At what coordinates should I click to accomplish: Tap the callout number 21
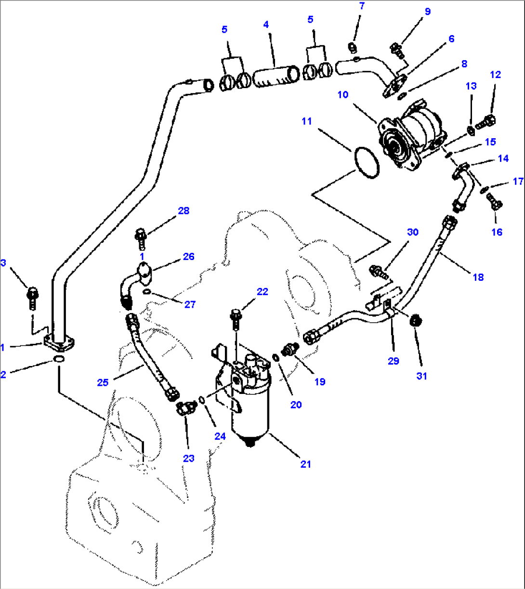click(x=305, y=464)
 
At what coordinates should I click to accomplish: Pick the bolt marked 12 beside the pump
click(x=486, y=122)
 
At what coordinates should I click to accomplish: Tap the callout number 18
click(x=478, y=277)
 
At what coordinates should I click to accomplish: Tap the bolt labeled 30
click(x=379, y=272)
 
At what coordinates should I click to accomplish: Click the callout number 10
click(x=342, y=94)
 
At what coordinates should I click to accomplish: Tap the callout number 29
click(x=394, y=361)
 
